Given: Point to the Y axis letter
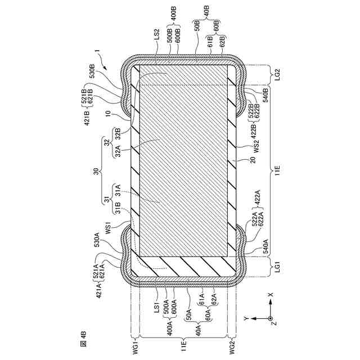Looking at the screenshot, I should tap(246, 319).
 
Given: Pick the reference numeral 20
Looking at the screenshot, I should tap(253, 159).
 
